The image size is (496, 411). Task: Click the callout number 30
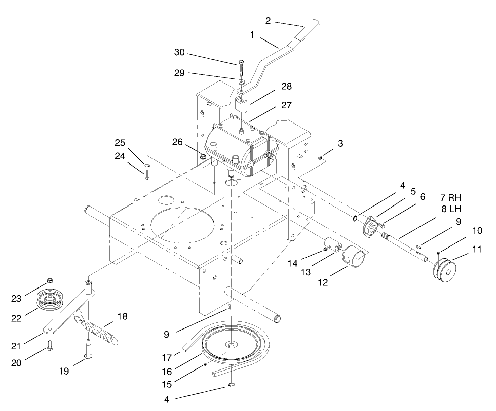(x=179, y=52)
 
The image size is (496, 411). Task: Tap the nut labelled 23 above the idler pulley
(x=50, y=281)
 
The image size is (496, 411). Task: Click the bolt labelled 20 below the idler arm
(x=50, y=346)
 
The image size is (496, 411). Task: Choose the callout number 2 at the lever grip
(x=268, y=21)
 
